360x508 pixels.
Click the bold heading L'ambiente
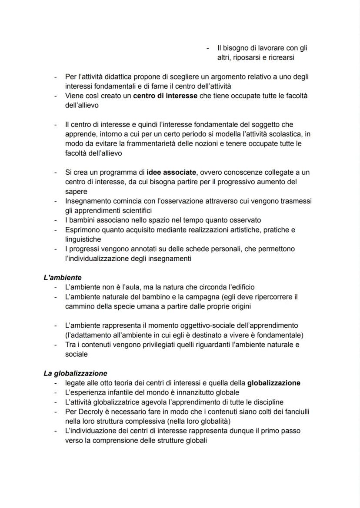coord(63,277)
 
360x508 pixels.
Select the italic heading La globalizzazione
coord(75,373)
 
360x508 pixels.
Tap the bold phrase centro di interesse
coord(165,96)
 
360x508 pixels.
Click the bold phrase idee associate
coord(171,173)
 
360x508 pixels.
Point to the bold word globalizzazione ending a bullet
coord(273,383)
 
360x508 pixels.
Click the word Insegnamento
coord(88,201)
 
